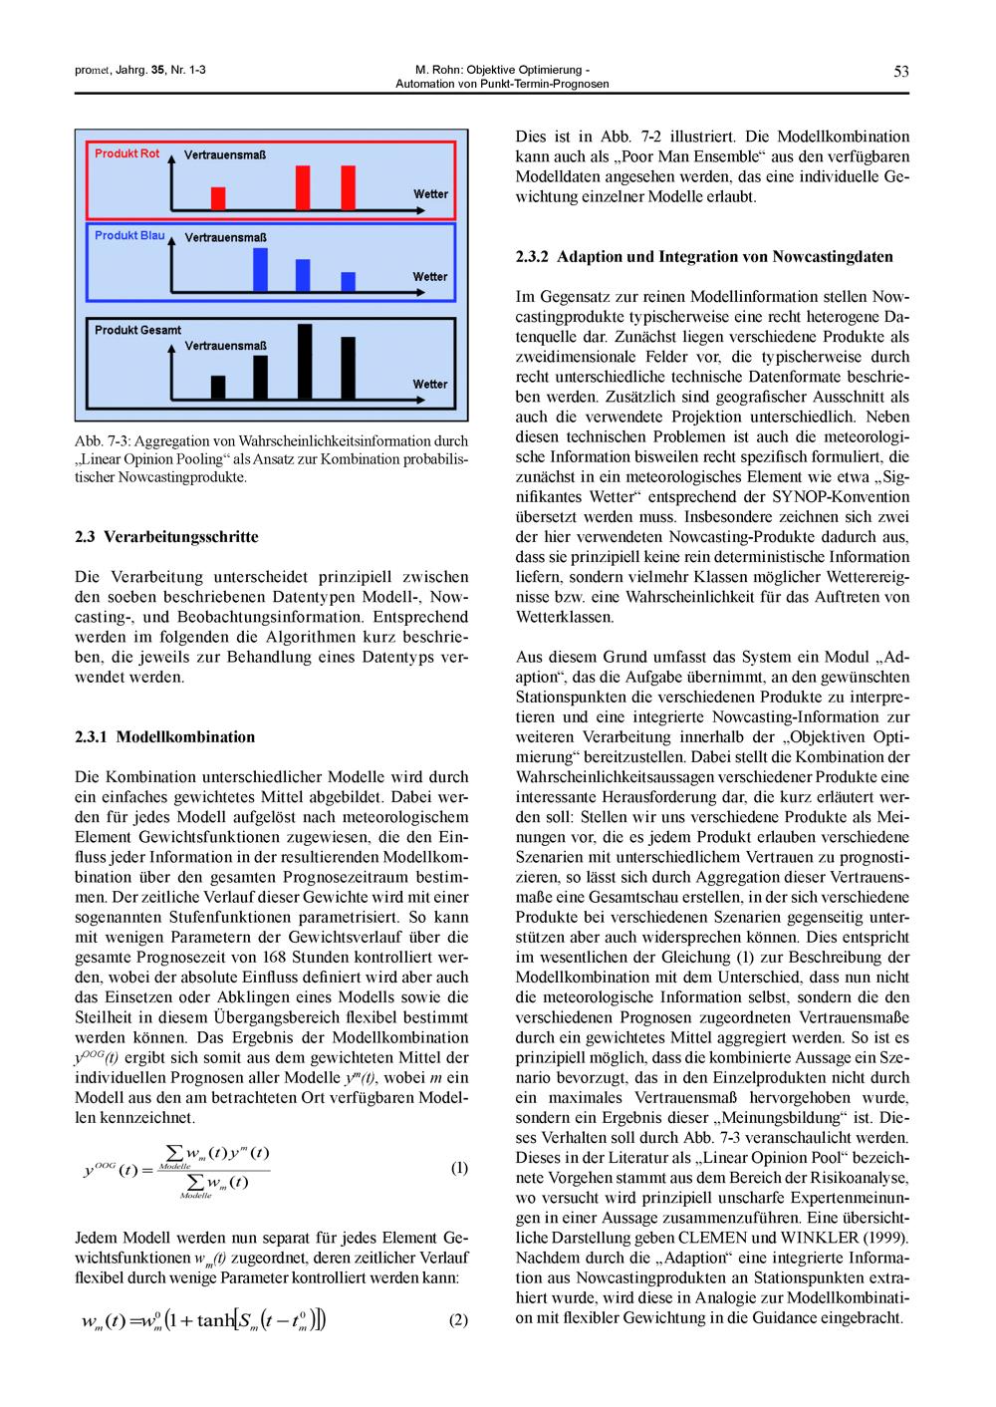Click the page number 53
[x=900, y=71]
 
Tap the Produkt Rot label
[x=126, y=153]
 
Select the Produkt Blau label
[x=129, y=235]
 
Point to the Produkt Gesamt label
[x=137, y=330]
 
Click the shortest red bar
[x=218, y=198]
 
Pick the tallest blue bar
[x=260, y=268]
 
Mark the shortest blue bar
[x=348, y=281]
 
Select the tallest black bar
[x=305, y=361]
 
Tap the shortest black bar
[x=218, y=387]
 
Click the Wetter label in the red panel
[x=430, y=194]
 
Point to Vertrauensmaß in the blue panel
[x=225, y=238]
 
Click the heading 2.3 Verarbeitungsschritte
[x=166, y=536]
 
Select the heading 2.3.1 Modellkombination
[x=164, y=737]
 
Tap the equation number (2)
[x=458, y=1321]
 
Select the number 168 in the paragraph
[x=274, y=957]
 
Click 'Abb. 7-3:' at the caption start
[x=102, y=440]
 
